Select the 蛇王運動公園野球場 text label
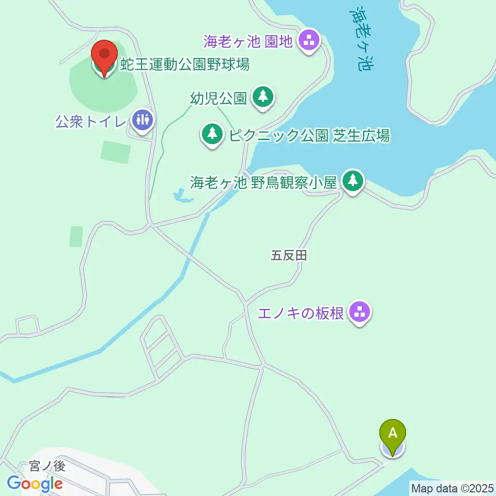tap(185, 65)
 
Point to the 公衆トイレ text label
tap(91, 123)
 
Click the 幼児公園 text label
tap(218, 98)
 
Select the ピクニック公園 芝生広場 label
tap(309, 136)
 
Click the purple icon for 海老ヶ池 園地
tap(309, 40)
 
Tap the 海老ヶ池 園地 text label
tap(248, 39)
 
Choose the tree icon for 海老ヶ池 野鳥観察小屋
tap(353, 181)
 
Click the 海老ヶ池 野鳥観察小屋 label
tap(263, 182)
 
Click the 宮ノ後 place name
tap(47, 466)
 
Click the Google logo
tap(35, 484)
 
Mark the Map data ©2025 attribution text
tap(453, 488)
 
